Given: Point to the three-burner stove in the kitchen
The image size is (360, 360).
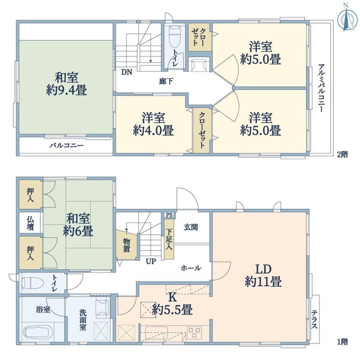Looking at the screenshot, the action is tap(194, 333).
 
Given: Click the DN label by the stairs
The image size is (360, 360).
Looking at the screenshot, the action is tap(127, 72).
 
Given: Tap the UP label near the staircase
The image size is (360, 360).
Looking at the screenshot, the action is tap(151, 261).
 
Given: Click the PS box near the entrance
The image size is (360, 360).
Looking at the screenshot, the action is tap(169, 215).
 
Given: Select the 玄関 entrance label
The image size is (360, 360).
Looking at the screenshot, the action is tap(191, 227).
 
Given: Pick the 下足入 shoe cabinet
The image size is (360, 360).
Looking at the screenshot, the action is tap(169, 239).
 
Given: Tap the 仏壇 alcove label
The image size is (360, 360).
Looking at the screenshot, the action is tap(31, 223).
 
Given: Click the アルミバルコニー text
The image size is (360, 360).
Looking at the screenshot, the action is tap(321, 88).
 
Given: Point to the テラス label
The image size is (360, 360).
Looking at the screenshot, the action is tap(314, 319).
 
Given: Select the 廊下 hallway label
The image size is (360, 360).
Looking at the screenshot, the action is tap(166, 81).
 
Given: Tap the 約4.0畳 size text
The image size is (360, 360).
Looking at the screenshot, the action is tap(153, 130).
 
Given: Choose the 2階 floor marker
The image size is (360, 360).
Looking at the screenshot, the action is tap(342, 155).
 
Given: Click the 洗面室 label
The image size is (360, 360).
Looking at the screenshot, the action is tap(83, 320).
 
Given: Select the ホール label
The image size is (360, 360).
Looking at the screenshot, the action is tap(191, 268).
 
